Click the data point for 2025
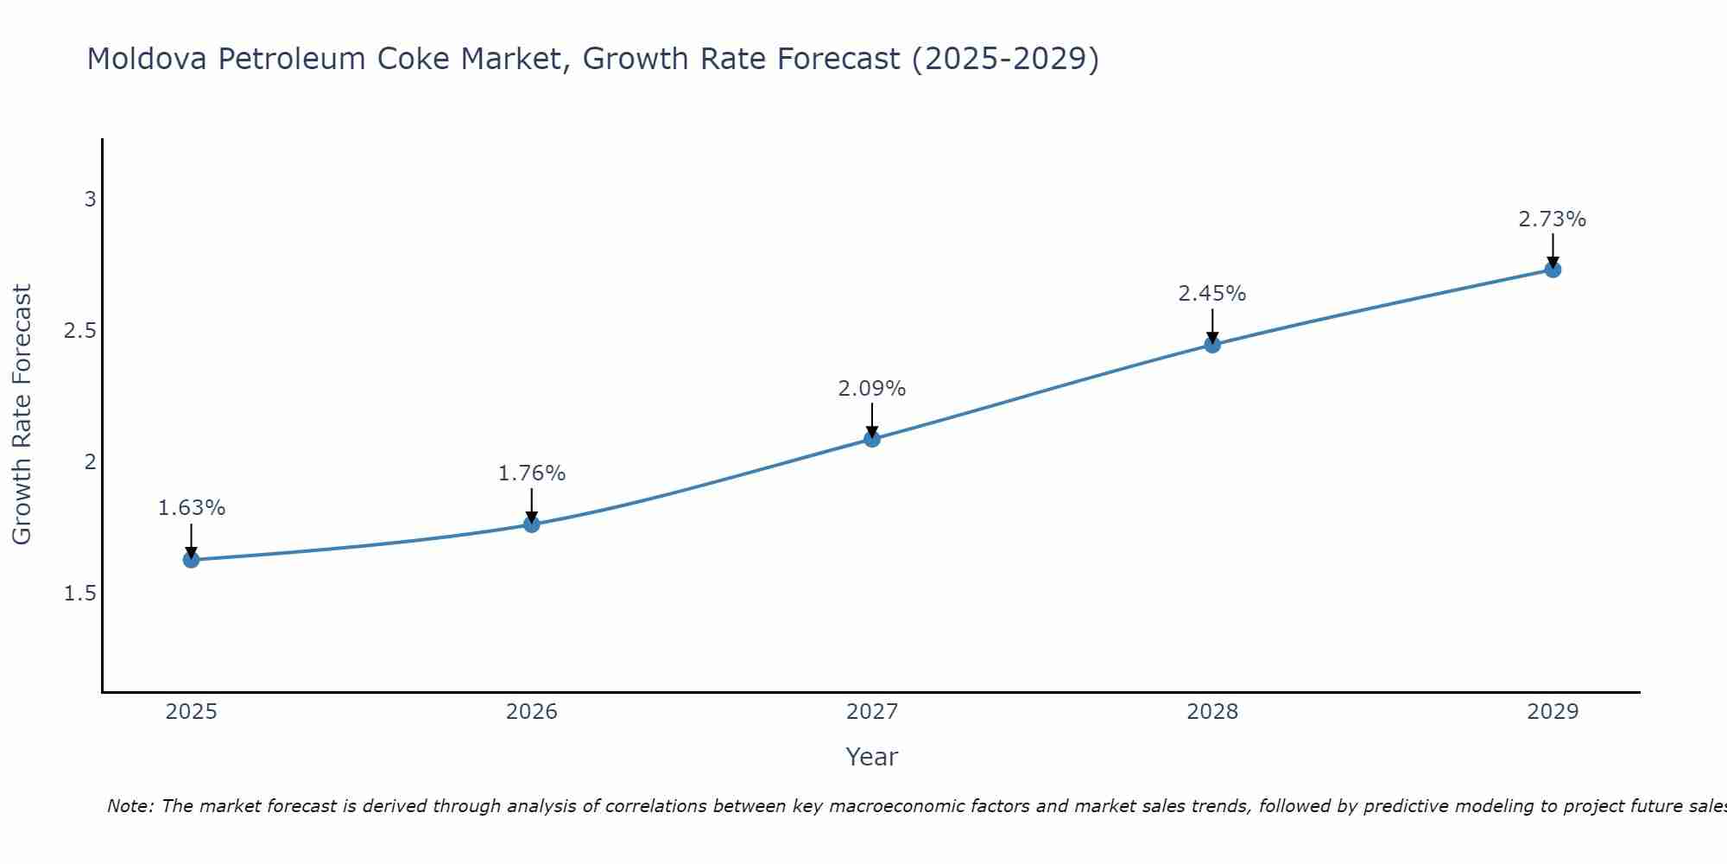tap(191, 560)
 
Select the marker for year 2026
tap(531, 524)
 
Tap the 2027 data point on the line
tap(872, 439)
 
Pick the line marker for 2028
tap(1212, 345)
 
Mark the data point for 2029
tap(1553, 270)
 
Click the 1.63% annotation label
tap(191, 508)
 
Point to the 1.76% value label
tap(531, 473)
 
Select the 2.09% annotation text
tap(872, 389)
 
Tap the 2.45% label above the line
tap(1212, 294)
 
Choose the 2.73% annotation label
tap(1553, 219)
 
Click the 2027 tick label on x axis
tap(872, 712)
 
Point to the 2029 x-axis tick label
tap(1553, 712)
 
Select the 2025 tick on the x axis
tap(191, 712)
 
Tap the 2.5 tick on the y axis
tap(80, 331)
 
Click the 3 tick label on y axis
tap(90, 200)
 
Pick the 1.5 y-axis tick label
tap(80, 594)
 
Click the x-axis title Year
tap(872, 757)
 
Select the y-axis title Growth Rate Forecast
tap(22, 414)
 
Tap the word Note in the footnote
tap(130, 806)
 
